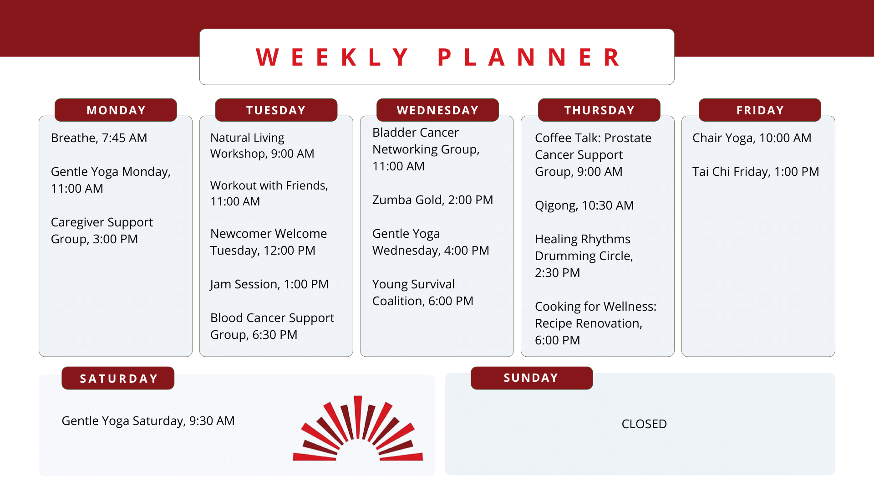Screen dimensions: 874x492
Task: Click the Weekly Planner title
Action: (x=438, y=57)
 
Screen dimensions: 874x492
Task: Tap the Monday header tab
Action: (x=116, y=110)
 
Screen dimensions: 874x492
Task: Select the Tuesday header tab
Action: (x=276, y=110)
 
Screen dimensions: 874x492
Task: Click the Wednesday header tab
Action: (x=437, y=110)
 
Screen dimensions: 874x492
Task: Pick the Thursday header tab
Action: (x=599, y=110)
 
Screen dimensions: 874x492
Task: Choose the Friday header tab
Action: (x=760, y=110)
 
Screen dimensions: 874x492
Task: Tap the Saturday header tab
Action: (x=118, y=378)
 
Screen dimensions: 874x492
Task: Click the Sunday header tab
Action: (x=532, y=378)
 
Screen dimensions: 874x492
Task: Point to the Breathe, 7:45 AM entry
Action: (x=99, y=138)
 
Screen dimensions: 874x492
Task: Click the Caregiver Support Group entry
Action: (x=102, y=231)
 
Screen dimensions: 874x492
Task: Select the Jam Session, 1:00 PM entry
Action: (x=269, y=284)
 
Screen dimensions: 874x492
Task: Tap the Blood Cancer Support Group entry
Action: (x=272, y=326)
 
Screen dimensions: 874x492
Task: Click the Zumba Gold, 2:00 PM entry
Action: (x=432, y=200)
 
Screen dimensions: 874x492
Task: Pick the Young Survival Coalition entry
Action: (x=423, y=292)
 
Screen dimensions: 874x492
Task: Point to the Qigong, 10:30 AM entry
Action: (x=584, y=205)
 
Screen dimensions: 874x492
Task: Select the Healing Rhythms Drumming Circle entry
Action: (x=584, y=256)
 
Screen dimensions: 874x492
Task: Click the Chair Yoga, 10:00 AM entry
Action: (x=752, y=138)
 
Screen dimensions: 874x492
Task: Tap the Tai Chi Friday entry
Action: (x=756, y=172)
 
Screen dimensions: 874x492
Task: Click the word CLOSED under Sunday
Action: (x=644, y=424)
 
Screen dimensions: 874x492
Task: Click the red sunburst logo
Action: (x=358, y=428)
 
